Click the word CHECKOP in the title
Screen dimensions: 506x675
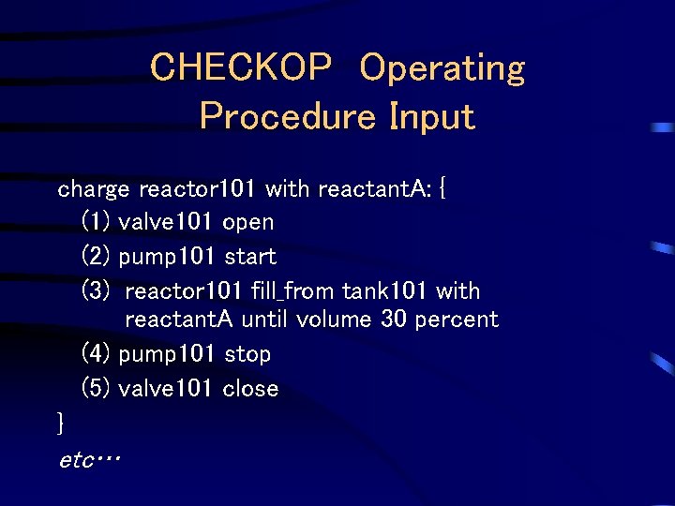(x=240, y=68)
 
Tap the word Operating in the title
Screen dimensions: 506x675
(x=442, y=68)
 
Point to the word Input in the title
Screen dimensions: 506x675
(x=432, y=117)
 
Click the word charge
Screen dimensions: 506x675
(x=94, y=190)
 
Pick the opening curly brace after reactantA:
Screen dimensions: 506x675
(x=443, y=189)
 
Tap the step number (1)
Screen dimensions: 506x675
(x=97, y=223)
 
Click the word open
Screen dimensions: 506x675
(x=248, y=223)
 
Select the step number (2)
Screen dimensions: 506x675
(x=97, y=257)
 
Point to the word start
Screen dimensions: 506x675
(x=250, y=257)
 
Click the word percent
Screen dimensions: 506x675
(x=457, y=320)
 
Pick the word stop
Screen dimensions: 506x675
(x=247, y=354)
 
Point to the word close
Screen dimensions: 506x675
(x=250, y=389)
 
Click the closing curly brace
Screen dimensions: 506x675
(x=61, y=424)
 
